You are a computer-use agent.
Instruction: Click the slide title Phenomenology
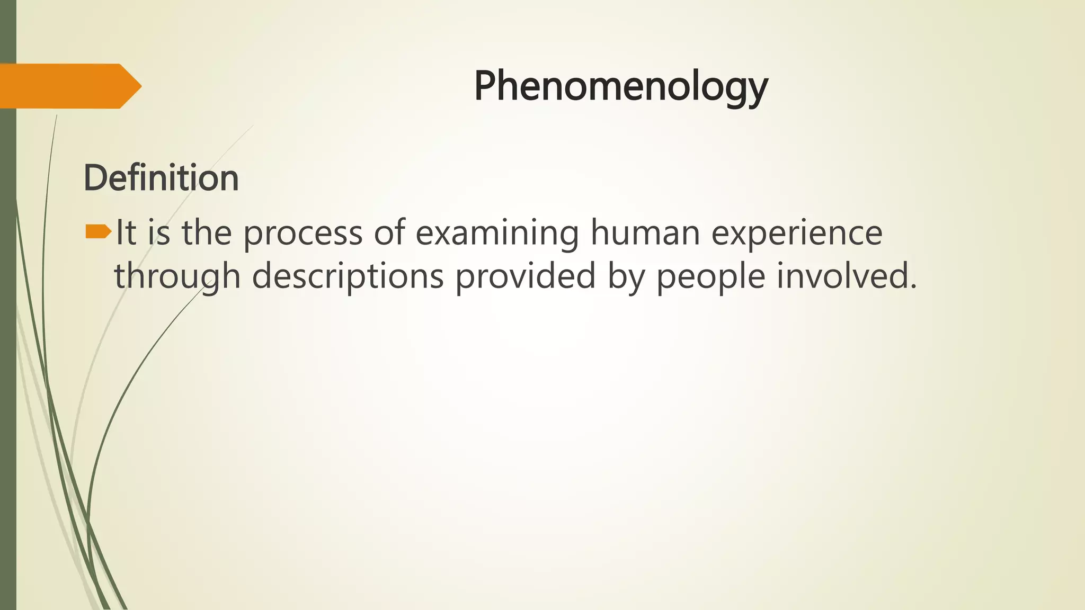coord(620,86)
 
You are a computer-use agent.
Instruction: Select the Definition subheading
coord(161,178)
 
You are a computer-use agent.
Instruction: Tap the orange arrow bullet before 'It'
coord(98,231)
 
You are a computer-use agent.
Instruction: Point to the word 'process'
coord(303,233)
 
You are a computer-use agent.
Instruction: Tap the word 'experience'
coord(796,233)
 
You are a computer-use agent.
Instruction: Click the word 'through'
coord(177,276)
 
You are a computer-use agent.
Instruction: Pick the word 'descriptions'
coord(348,276)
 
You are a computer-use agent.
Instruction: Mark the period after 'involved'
coord(912,286)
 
